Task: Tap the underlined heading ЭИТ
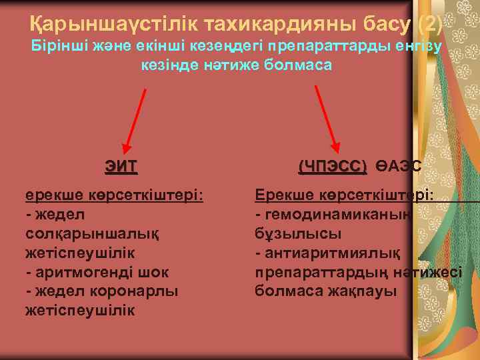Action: tap(121, 165)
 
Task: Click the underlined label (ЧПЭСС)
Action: tap(332, 165)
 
